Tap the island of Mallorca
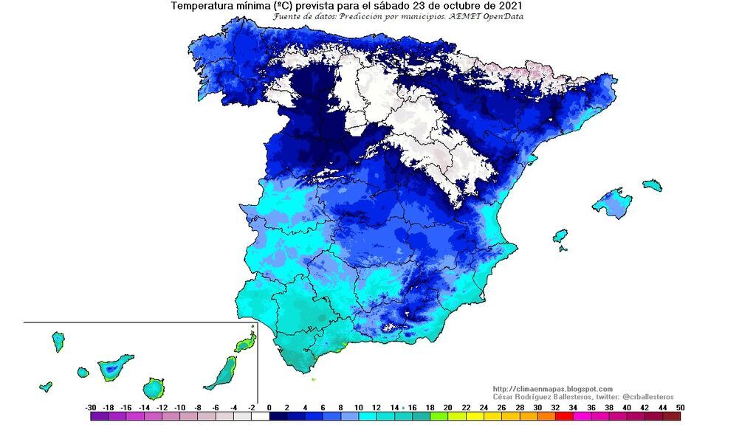(611, 204)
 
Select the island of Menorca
(652, 184)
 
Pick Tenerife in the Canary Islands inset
(114, 366)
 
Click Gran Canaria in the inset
(154, 387)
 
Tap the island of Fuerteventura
(222, 373)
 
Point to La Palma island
(58, 341)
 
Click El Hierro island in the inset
(46, 386)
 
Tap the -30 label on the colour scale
(91, 407)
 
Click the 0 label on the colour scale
(269, 407)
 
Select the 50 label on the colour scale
(679, 407)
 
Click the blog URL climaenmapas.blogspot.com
(552, 389)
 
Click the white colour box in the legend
(260, 417)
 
